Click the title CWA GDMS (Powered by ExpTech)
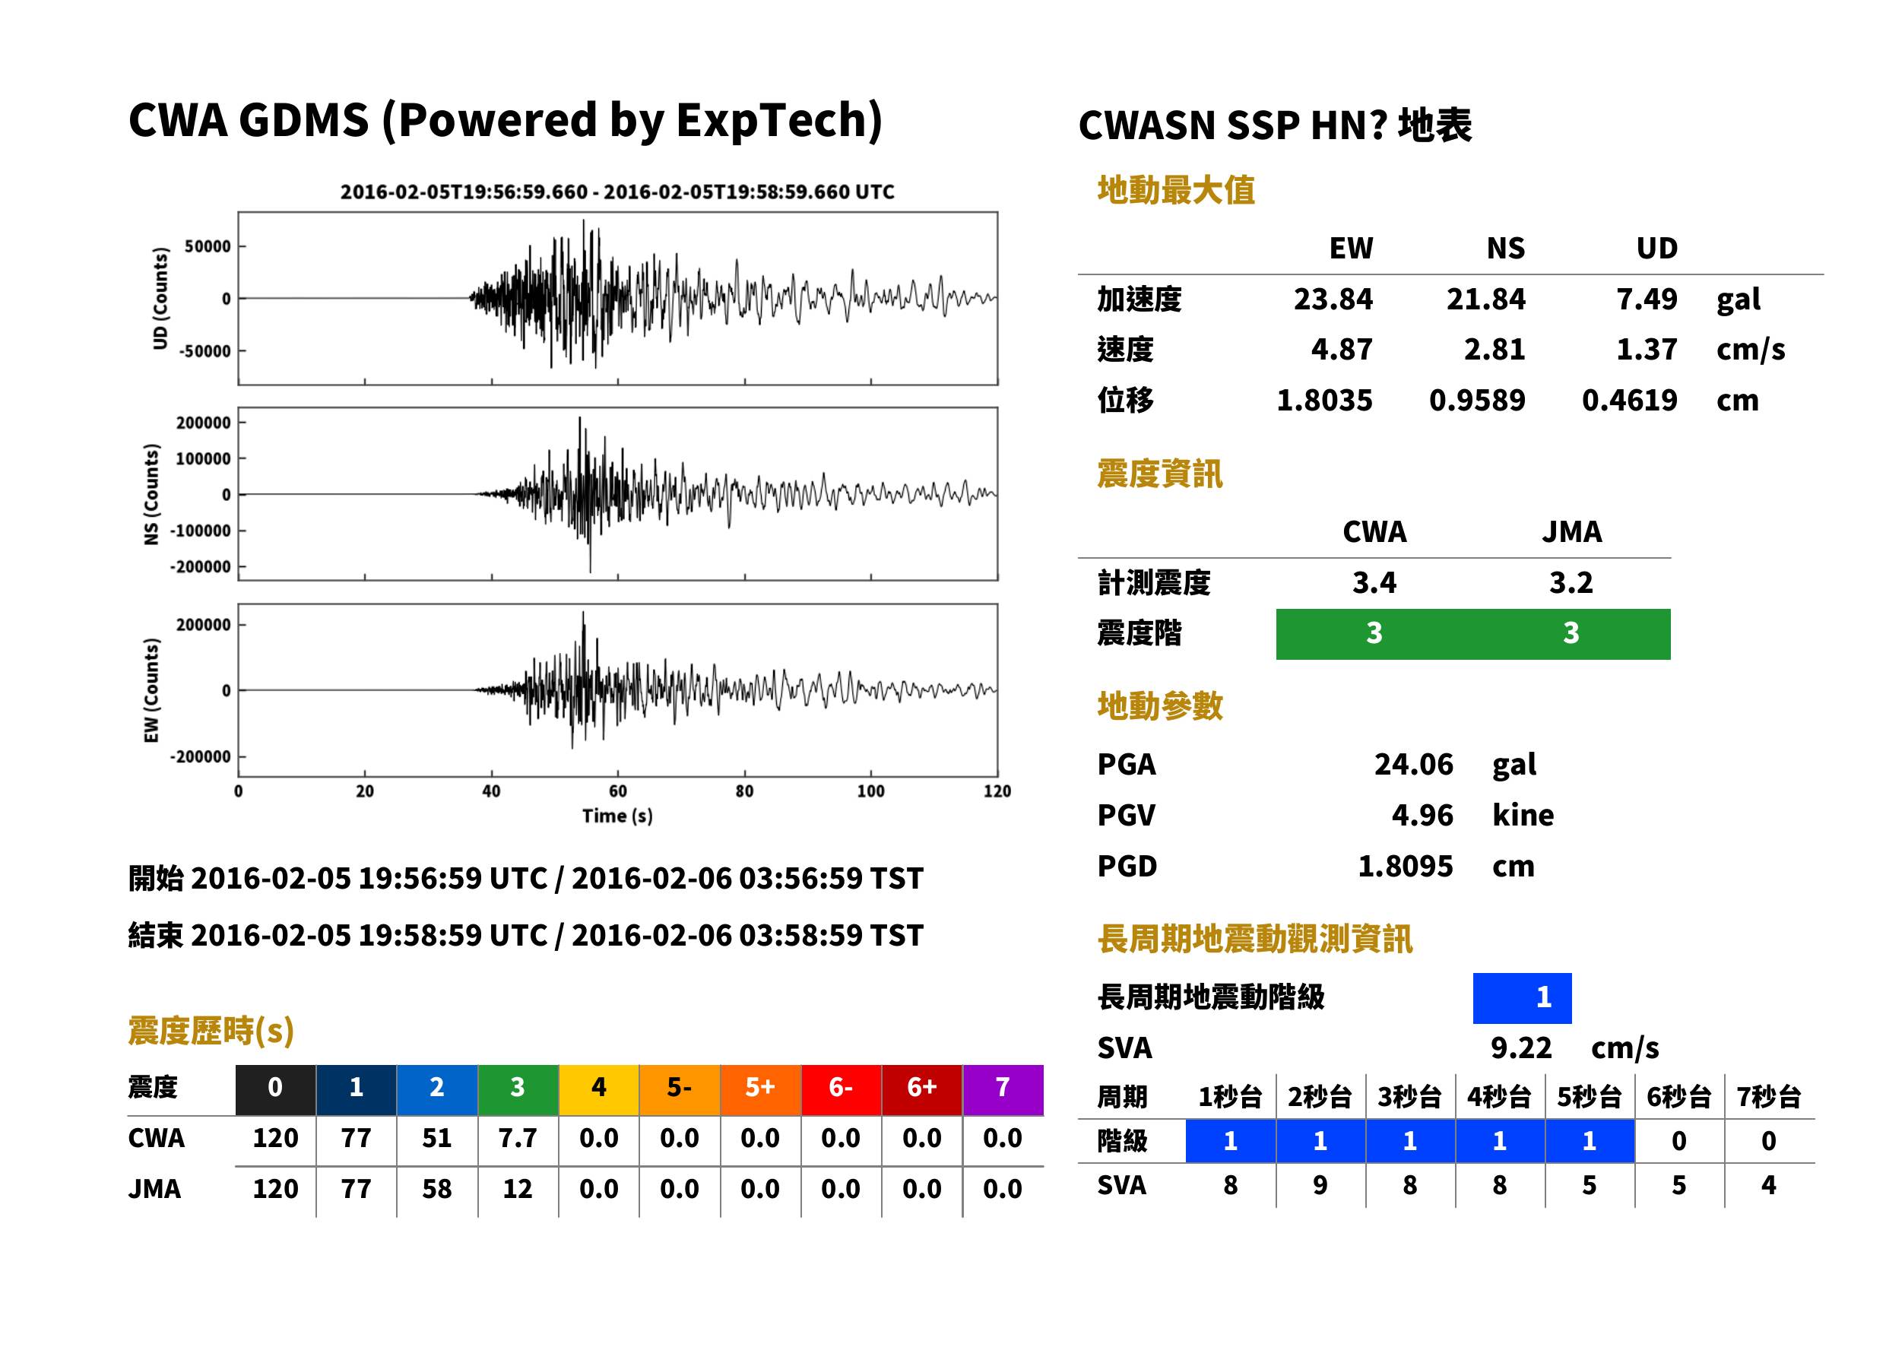point(505,121)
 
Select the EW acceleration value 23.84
point(1333,300)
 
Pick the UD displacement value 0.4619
point(1629,401)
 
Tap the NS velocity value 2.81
point(1494,350)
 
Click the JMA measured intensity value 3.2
point(1571,583)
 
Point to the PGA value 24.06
point(1413,765)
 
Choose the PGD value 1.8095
point(1405,867)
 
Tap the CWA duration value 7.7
point(518,1139)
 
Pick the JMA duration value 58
point(437,1190)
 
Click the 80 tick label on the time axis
point(744,791)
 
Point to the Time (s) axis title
point(617,816)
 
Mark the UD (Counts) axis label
point(160,299)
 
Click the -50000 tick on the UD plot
point(204,351)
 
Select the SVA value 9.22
point(1521,1048)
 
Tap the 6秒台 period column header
point(1678,1098)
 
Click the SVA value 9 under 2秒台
point(1320,1186)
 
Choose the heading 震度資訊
point(1159,474)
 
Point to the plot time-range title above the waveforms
point(617,192)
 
